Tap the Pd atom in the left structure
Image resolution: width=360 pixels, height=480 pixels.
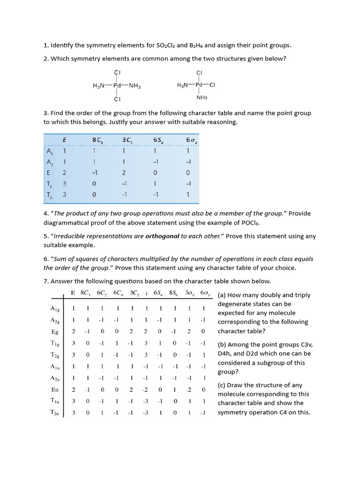point(117,86)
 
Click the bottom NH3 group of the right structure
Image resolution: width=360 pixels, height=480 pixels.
point(202,97)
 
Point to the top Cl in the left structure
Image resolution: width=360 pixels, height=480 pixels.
point(117,72)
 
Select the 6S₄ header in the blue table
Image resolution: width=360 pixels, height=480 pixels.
point(158,140)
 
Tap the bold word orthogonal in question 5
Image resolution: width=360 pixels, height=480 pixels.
point(162,236)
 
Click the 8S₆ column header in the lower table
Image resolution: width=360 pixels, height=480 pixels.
point(174,293)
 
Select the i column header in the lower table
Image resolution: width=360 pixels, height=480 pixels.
point(146,293)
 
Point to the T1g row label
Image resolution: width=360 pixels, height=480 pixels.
point(55,343)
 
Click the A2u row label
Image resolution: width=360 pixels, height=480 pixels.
point(55,378)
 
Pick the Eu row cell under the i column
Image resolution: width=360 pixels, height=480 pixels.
point(146,390)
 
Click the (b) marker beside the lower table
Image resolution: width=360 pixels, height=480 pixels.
point(223,345)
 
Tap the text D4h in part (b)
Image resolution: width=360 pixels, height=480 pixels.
point(225,354)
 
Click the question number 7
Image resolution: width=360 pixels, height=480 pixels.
point(46,281)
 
